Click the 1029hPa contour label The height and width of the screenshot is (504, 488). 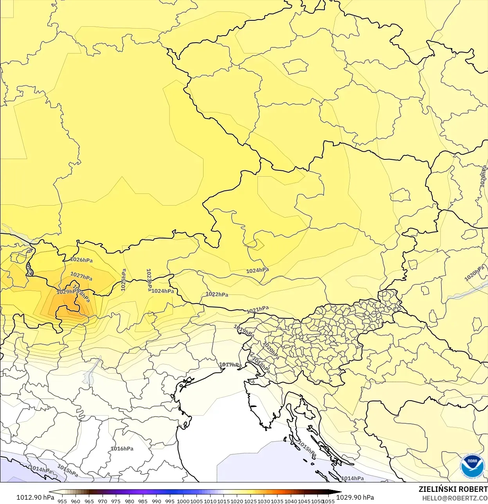click(67, 292)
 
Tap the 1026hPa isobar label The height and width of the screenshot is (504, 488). click(81, 260)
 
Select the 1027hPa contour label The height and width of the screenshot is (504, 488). click(81, 276)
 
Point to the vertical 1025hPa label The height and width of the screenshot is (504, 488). click(123, 280)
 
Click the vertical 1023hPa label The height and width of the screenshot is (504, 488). click(149, 280)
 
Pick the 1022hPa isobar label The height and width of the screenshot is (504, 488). click(217, 294)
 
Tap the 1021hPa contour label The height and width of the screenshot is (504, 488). click(258, 310)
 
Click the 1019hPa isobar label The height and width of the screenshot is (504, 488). click(243, 330)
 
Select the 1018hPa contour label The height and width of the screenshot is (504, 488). click(261, 365)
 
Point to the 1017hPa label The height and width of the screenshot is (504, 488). click(230, 365)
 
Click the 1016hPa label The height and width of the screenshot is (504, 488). click(122, 449)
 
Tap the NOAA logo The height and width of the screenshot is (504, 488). click(472, 466)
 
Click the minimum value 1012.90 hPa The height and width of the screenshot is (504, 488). click(35, 497)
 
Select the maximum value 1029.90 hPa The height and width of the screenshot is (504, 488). click(355, 497)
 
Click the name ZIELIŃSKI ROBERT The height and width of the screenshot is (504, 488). click(453, 489)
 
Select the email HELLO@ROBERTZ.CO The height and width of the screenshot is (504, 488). click(455, 498)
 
